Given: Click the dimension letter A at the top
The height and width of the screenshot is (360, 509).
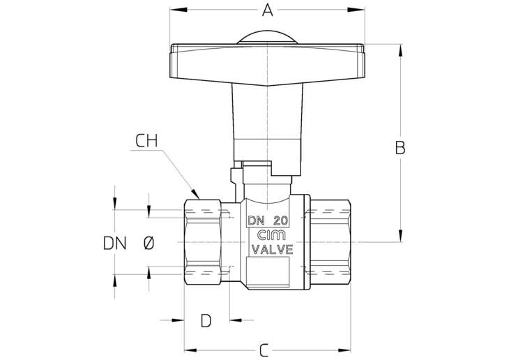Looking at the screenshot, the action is coord(267,10).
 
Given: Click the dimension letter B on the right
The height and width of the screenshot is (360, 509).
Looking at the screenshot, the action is coord(400,148).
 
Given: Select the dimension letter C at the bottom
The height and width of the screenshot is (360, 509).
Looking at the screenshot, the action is coord(264,350).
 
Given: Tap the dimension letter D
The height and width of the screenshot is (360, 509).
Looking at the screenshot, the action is coord(206,320).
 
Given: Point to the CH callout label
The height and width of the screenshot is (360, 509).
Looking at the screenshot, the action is coord(146,141).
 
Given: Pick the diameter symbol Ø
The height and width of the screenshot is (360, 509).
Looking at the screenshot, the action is coord(149,243).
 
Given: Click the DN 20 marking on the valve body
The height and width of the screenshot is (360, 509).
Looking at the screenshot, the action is coord(268,220).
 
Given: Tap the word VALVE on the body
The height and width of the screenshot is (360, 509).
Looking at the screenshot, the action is coord(273,250).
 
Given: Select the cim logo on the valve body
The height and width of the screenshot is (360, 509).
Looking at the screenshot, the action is coord(271,235).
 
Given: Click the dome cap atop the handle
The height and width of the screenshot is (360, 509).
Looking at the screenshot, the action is coord(267,38).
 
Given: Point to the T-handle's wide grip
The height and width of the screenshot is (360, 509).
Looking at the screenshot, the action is coord(268,64).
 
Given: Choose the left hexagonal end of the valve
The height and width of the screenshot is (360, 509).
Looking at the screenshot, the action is coord(203,243).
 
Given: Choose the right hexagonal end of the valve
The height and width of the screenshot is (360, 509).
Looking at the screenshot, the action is coord(330,243).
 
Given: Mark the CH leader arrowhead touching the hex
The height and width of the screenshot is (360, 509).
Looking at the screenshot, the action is coord(195,194).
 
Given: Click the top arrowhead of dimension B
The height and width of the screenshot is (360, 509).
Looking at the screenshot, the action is coord(400,51).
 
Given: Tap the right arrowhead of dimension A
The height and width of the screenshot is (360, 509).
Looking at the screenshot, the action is coord(356,10).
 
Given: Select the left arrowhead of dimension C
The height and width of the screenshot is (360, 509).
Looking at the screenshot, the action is coord(190,350).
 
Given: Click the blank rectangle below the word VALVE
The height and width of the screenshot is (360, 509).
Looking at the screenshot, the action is coord(268,271).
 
